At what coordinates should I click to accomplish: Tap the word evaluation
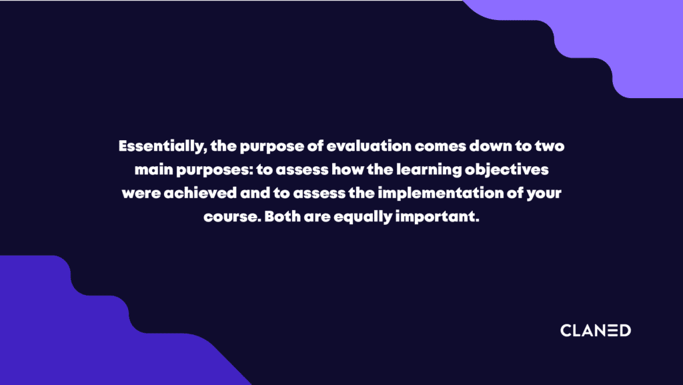pos(368,146)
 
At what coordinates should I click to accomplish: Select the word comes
pos(440,147)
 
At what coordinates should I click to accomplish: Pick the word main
pos(154,169)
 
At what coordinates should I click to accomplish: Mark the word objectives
pos(506,170)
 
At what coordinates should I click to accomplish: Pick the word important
pos(437,217)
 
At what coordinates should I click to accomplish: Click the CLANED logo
pos(596,330)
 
